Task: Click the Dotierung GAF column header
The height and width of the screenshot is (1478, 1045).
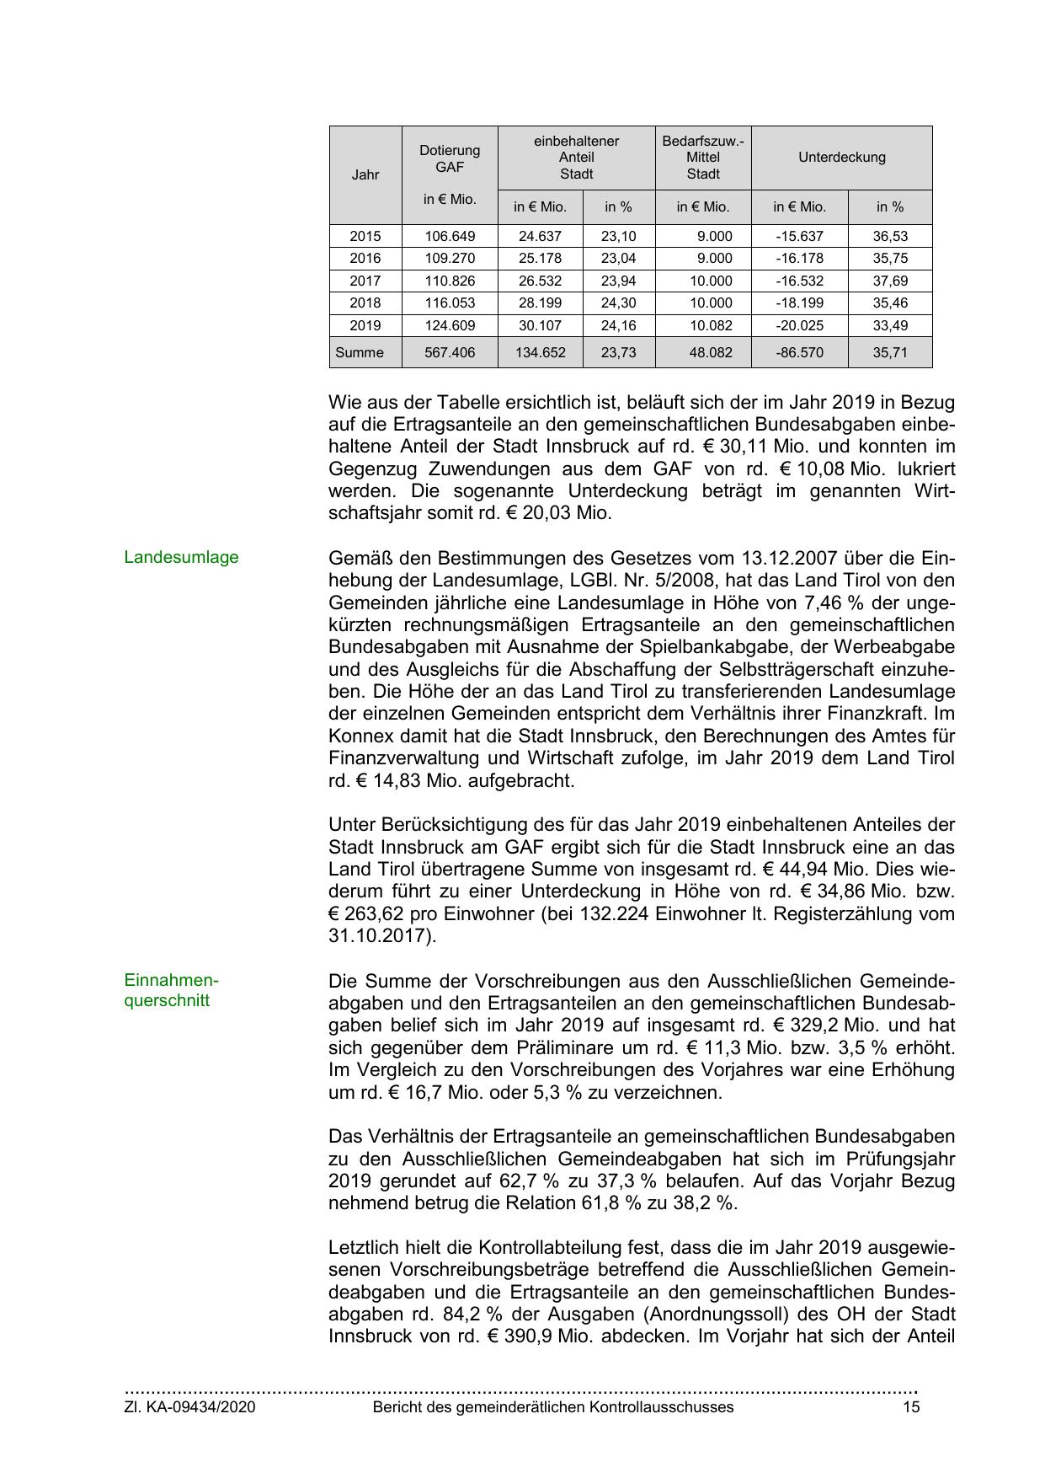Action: pos(450,158)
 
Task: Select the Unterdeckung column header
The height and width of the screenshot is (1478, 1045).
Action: pos(841,158)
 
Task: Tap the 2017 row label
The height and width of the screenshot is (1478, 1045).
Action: pos(365,281)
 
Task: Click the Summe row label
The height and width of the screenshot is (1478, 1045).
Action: pos(360,352)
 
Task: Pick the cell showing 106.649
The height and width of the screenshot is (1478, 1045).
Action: pos(450,236)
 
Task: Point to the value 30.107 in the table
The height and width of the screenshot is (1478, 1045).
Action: pos(540,325)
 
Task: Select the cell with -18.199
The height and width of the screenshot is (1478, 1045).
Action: pos(799,303)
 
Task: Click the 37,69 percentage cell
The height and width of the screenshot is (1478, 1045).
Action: pos(890,281)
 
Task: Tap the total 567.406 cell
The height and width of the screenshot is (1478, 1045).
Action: pos(450,352)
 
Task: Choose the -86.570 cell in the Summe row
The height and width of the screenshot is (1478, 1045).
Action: pos(799,352)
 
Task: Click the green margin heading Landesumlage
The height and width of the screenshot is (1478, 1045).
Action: pos(181,557)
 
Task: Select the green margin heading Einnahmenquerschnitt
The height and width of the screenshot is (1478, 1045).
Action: pos(171,990)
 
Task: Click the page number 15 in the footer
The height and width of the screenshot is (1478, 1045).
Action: pos(911,1406)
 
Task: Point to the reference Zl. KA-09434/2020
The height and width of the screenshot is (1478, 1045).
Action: pos(189,1406)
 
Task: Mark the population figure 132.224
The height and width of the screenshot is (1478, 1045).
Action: pos(614,913)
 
